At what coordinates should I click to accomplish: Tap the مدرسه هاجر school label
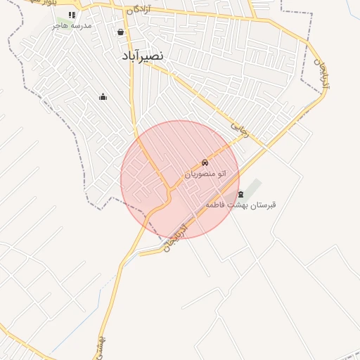coord(71,25)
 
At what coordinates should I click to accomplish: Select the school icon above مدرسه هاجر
coord(72,14)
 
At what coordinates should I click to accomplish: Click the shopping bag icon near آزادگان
coord(121,32)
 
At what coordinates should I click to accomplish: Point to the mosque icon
coord(103,96)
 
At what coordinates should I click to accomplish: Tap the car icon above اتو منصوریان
coord(205,163)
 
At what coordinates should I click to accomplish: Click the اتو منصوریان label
coord(205,173)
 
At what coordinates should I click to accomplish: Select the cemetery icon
coord(241,194)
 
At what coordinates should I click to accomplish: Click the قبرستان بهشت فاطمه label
coord(240,205)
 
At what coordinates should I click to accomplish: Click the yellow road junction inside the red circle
coord(169,191)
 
